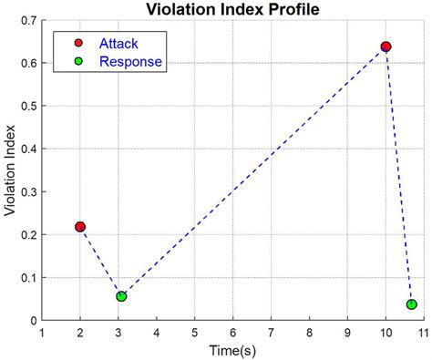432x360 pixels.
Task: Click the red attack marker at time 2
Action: [80, 226]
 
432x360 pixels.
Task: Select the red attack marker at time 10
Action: [386, 46]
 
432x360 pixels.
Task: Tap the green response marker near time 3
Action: [121, 296]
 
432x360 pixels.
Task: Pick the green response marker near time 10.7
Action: [412, 304]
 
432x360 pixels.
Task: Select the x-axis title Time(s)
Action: [233, 351]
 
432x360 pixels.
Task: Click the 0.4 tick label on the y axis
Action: [28, 149]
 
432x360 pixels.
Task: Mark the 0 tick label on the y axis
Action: [33, 320]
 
